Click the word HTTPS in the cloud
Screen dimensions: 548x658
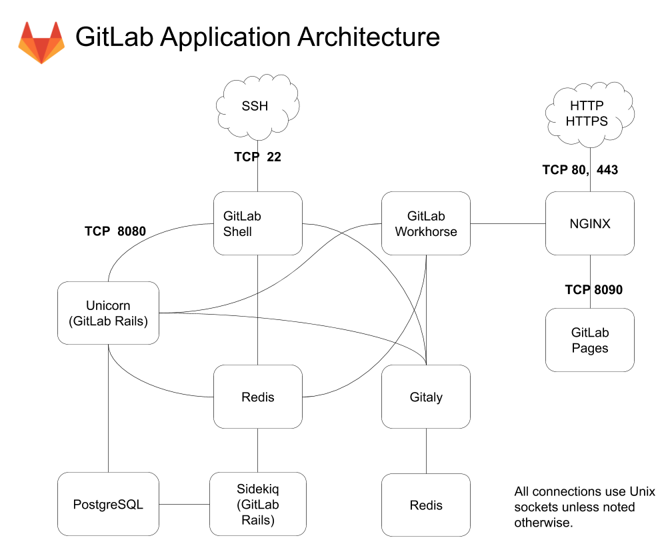[587, 121]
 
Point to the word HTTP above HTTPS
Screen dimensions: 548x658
[587, 106]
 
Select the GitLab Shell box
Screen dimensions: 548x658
[257, 223]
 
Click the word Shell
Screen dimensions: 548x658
[238, 232]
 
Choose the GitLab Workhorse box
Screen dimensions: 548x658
[426, 223]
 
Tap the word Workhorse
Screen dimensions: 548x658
[426, 232]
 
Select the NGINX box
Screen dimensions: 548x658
[590, 223]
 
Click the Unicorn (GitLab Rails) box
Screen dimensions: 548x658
[108, 313]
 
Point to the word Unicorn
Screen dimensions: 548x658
[108, 306]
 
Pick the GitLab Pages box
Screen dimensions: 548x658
[590, 339]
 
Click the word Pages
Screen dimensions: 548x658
[590, 348]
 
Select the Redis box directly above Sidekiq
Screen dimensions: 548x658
[257, 397]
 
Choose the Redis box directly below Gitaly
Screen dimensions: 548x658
[426, 505]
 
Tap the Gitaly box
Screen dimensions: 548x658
[426, 397]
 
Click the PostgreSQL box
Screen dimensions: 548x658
[108, 504]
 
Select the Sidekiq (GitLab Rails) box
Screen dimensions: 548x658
[257, 504]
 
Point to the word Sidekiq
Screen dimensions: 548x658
[257, 489]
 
